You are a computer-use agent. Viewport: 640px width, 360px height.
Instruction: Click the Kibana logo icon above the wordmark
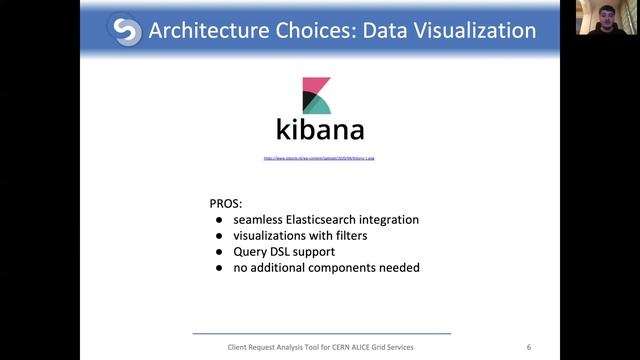317,94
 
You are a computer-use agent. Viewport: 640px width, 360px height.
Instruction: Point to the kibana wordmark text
320,130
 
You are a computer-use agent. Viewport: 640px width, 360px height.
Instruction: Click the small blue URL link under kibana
319,158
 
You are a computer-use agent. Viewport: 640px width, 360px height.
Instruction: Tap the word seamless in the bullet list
260,219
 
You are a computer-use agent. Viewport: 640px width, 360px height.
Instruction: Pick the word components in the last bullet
352,267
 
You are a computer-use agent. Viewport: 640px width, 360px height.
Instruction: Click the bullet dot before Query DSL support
220,252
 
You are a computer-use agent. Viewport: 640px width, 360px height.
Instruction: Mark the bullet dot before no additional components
220,268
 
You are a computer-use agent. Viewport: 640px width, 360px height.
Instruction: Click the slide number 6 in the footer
529,347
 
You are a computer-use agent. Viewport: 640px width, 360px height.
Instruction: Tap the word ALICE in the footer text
366,347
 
